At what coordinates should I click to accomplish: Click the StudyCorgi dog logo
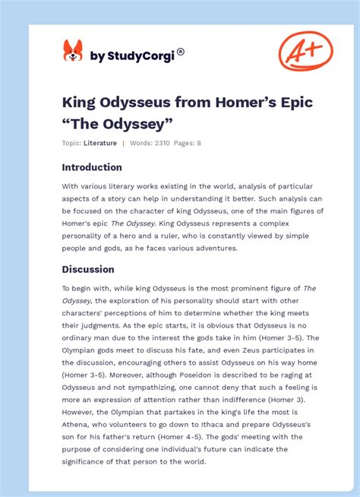(73, 51)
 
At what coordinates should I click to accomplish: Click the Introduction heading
(91, 167)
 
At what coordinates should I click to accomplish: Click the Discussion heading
(88, 269)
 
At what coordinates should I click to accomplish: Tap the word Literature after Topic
(101, 143)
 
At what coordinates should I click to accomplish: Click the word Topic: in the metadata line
(71, 143)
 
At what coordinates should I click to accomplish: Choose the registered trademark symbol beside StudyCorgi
(181, 52)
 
